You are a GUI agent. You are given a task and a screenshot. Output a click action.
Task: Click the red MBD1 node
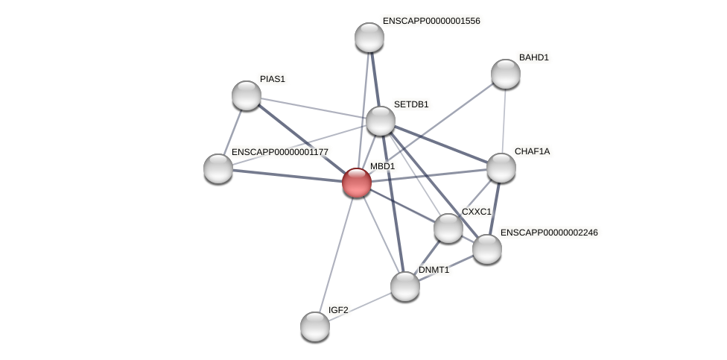pos(357,183)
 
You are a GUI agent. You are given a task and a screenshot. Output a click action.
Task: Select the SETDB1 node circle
pos(380,121)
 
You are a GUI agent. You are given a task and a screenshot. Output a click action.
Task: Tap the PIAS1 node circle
pos(247,95)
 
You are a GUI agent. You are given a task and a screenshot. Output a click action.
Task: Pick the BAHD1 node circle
pos(506,74)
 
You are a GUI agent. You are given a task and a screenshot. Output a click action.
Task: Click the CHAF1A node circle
pos(501,168)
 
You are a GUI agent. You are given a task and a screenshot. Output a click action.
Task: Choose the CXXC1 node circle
pos(448,228)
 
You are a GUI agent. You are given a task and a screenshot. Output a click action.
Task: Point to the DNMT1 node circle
pos(405,286)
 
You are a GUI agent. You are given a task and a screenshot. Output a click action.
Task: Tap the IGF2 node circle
pos(315,326)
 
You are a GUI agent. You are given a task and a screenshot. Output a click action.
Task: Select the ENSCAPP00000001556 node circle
pos(369,37)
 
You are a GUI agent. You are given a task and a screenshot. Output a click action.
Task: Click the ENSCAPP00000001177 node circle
pos(218,168)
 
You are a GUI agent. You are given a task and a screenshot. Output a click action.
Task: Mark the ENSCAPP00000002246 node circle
pos(487,249)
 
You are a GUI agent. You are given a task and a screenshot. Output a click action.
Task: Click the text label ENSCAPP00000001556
pos(431,21)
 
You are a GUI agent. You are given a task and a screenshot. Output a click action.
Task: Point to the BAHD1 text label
pos(534,57)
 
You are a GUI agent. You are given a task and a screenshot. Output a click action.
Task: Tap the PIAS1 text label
pos(273,79)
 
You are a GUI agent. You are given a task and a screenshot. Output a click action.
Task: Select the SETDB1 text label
pos(411,104)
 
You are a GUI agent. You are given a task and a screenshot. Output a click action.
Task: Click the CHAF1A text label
pos(532,151)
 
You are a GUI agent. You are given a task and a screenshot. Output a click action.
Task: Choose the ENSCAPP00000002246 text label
pos(549,233)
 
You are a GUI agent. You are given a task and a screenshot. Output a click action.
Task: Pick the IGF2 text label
pos(338,310)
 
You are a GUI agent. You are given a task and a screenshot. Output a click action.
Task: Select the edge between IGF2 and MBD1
pos(336,254)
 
